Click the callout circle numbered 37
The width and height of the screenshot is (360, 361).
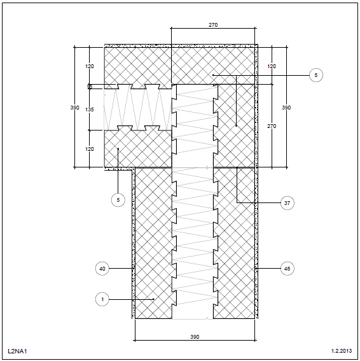287,203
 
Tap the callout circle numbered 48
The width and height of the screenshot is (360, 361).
287,269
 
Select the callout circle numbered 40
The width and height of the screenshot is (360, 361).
102,269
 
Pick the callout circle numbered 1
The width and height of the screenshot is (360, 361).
102,299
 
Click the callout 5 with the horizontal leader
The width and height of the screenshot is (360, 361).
316,75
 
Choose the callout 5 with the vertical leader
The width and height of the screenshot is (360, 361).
118,200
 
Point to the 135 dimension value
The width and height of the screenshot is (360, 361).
90,110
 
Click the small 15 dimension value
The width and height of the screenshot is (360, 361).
90,87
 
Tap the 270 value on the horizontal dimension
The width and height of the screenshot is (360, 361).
213,25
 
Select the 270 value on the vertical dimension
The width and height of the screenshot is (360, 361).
272,126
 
